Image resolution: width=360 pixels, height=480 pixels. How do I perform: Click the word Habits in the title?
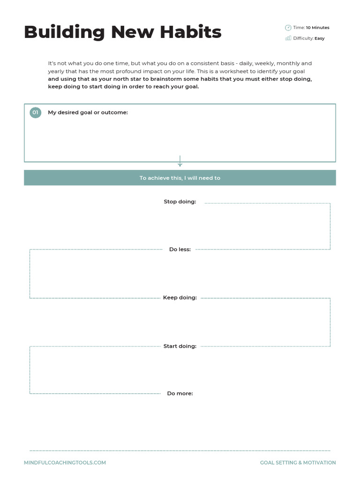tap(190, 32)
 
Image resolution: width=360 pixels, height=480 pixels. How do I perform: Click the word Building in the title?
tap(64, 32)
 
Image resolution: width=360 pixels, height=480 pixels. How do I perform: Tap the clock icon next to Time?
tap(288, 28)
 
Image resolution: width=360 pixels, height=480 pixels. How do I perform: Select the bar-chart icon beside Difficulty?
tap(288, 38)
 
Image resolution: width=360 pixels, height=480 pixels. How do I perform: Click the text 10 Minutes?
tap(317, 28)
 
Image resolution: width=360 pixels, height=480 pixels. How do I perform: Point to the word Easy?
tap(319, 38)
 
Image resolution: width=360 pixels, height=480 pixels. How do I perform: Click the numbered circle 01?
tap(35, 112)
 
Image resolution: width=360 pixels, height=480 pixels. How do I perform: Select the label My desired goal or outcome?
tap(88, 112)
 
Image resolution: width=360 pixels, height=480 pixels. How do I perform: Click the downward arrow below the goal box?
tap(180, 162)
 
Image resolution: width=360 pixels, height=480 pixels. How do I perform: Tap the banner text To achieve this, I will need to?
tap(180, 178)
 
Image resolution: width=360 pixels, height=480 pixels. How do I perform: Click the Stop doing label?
tap(180, 202)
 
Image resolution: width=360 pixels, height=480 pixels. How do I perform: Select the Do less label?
tap(180, 249)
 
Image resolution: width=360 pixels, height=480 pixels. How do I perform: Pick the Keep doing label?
tap(180, 298)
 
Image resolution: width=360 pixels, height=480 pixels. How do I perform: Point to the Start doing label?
tap(180, 346)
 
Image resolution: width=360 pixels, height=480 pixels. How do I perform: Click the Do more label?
tap(180, 394)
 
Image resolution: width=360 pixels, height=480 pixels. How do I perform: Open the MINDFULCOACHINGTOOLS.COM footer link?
tap(65, 463)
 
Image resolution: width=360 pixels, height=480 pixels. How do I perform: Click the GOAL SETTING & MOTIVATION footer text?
tap(298, 463)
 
